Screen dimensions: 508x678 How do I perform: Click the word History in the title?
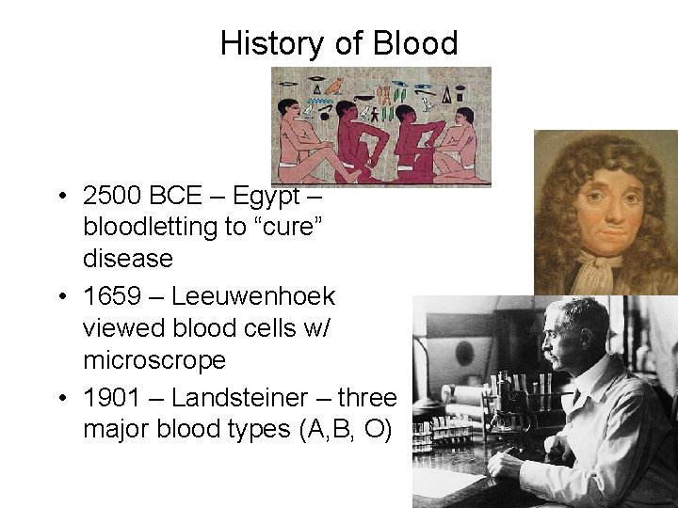pyautogui.click(x=274, y=43)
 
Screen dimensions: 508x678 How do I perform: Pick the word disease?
pyautogui.click(x=128, y=258)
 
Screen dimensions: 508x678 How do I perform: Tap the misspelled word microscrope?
pyautogui.click(x=154, y=360)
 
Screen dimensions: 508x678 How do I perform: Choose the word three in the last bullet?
pyautogui.click(x=367, y=398)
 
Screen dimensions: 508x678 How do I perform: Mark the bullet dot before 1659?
pyautogui.click(x=60, y=297)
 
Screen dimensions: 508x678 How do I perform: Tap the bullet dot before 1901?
pyautogui.click(x=60, y=399)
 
